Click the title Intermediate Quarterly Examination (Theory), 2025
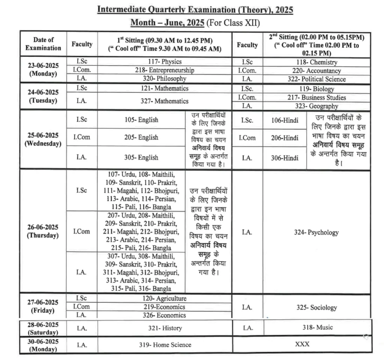click(195, 9)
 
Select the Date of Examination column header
click(43, 44)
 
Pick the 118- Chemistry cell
click(316, 62)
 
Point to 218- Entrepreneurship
click(165, 70)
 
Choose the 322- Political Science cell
click(316, 79)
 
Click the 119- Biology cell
click(316, 89)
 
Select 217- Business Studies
click(316, 97)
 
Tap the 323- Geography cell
click(316, 106)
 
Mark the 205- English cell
click(141, 137)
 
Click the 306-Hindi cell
click(285, 158)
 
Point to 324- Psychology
click(316, 233)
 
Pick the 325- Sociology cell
click(316, 308)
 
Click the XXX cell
click(302, 344)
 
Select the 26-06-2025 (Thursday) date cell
click(43, 231)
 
